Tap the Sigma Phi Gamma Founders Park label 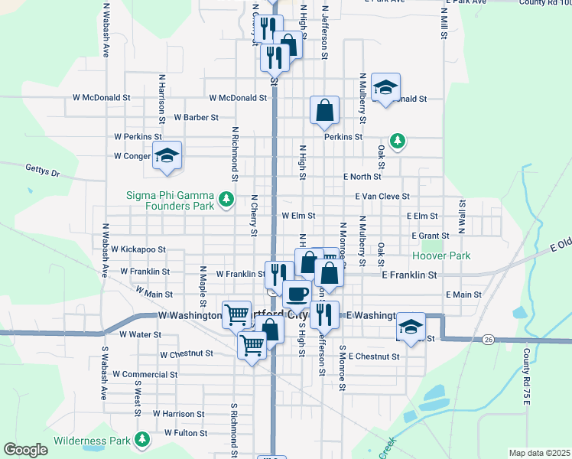coord(170,200)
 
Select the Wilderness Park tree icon coord(141,439)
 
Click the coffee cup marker coord(297,292)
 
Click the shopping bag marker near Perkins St coord(324,110)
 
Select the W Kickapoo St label coord(138,249)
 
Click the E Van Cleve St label coord(382,197)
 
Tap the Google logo coord(26,450)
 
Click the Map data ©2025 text coord(539,453)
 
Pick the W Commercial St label coord(145,375)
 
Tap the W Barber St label coord(197,118)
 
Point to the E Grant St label coord(430,236)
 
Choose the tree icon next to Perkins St coord(397,140)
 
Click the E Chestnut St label coord(374,356)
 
